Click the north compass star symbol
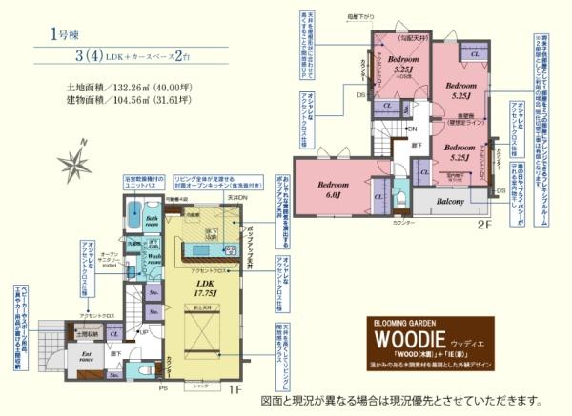point(72,160)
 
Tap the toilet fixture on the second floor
point(398,186)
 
